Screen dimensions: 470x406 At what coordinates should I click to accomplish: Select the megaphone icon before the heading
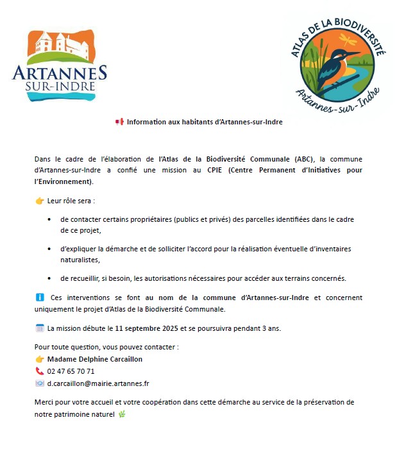click(119, 122)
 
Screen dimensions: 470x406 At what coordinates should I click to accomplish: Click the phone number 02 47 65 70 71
click(71, 371)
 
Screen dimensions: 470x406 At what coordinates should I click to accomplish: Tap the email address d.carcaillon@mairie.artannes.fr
click(98, 383)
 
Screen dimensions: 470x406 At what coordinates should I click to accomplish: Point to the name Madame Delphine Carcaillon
click(95, 359)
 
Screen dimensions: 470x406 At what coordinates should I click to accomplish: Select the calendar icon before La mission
click(39, 328)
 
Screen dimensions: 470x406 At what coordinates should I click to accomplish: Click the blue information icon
click(39, 298)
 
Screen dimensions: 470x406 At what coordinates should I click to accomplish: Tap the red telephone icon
click(39, 371)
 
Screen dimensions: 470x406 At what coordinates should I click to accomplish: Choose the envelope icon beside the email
click(39, 383)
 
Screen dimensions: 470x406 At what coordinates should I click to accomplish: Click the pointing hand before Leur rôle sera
click(39, 201)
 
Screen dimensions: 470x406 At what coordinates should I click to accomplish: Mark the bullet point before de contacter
click(49, 219)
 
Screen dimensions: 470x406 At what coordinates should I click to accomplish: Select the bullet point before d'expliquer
click(49, 249)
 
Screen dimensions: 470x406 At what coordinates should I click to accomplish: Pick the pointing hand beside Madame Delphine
click(39, 359)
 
